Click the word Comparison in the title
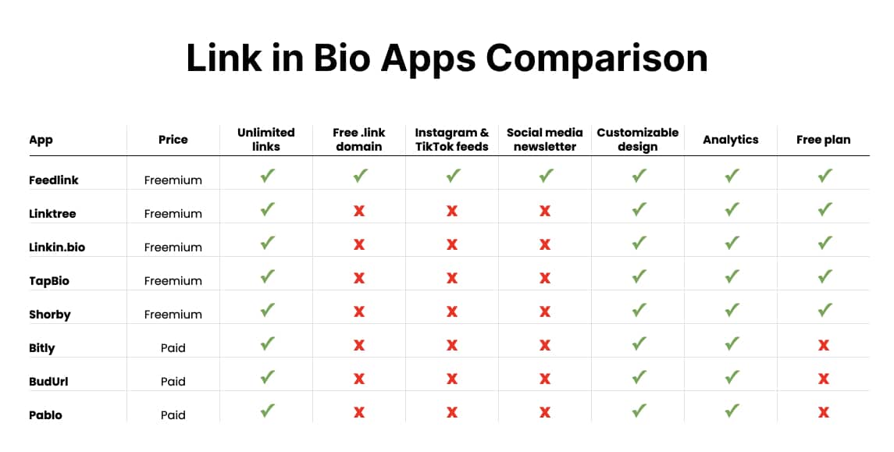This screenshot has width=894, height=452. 597,59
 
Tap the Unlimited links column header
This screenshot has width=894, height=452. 266,140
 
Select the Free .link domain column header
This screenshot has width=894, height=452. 359,140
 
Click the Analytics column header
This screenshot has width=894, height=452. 731,140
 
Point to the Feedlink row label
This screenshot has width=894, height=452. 54,180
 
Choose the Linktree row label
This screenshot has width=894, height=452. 52,214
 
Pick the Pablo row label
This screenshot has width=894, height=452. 45,415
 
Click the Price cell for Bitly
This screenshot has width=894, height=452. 173,348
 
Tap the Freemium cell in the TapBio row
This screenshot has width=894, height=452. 173,281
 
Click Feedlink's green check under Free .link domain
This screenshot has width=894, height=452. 360,176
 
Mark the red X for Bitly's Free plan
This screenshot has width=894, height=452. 824,345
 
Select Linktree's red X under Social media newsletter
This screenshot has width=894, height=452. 545,211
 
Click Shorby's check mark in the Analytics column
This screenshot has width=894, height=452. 732,311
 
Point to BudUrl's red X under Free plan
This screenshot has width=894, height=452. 824,379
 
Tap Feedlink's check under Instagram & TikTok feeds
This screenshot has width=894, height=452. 453,176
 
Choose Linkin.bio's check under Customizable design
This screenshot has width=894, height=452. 639,244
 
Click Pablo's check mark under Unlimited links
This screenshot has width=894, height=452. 267,411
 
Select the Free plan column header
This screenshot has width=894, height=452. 824,140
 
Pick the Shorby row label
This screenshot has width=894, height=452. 50,315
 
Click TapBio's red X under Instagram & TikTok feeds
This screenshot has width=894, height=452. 452,278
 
